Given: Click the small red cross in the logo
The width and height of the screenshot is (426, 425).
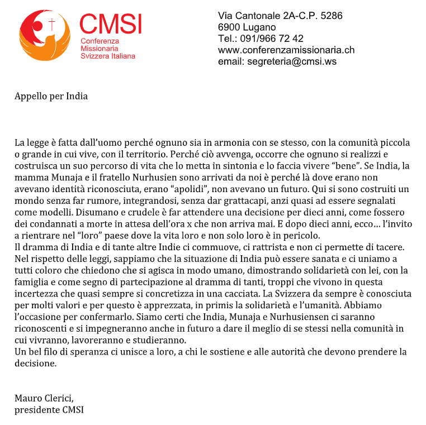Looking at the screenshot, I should pos(53,25).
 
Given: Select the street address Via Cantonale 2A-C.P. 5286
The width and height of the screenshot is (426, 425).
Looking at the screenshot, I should pos(280,16).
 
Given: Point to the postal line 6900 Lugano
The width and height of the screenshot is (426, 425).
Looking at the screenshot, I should pos(247,27).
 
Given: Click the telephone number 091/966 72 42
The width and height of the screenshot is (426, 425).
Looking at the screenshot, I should pos(271,39).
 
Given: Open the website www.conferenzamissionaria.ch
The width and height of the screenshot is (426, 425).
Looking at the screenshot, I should pos(286,50).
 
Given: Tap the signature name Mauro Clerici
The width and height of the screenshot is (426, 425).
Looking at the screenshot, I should pos(44,398).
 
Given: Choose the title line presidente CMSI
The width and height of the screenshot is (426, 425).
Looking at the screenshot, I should pos(49,409).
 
